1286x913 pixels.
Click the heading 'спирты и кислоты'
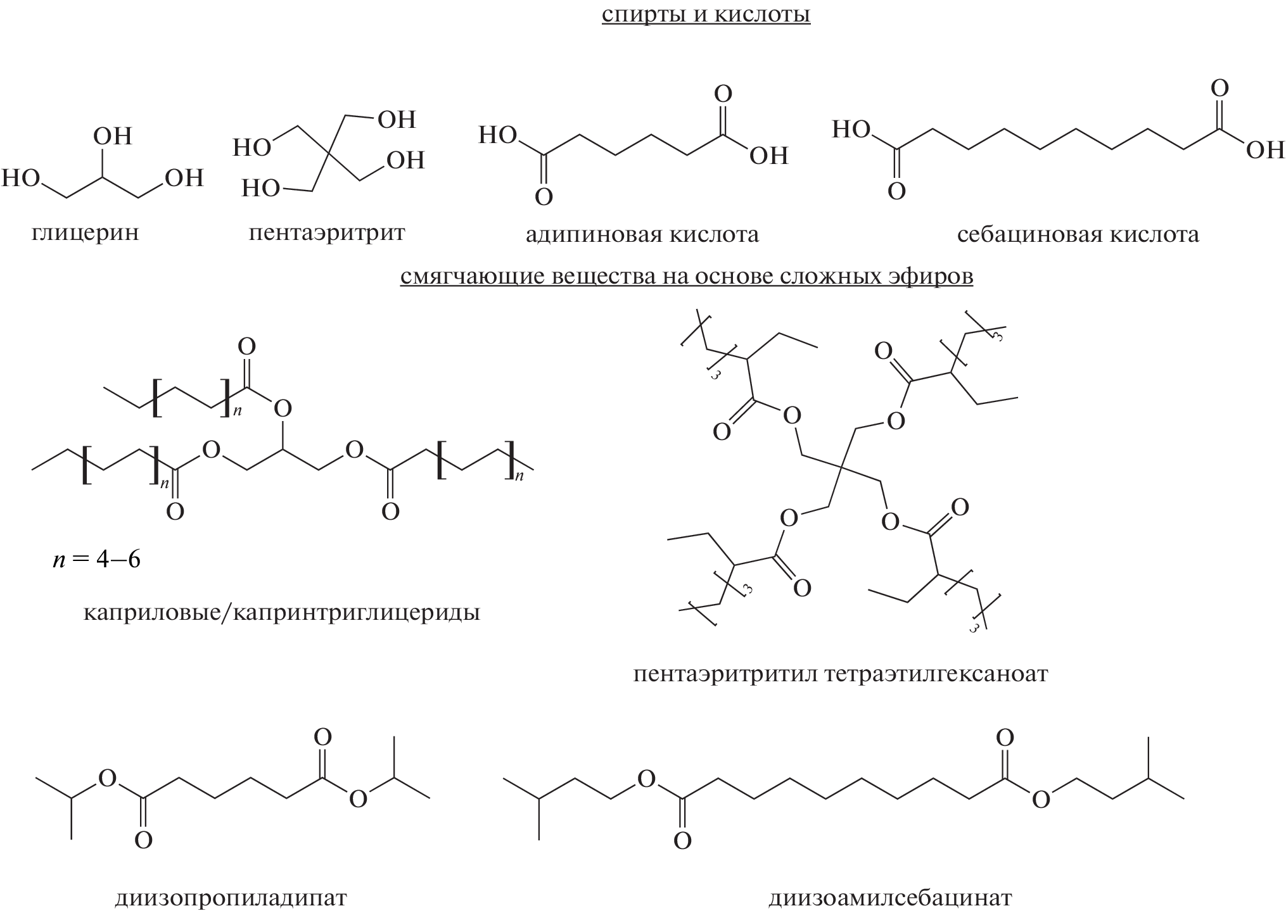706,15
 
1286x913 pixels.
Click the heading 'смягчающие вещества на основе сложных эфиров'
687,277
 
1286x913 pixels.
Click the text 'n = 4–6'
96,560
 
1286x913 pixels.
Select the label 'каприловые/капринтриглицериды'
282,613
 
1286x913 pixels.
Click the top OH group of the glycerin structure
113,136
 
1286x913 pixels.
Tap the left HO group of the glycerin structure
21,179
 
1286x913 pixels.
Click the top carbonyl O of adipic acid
723,94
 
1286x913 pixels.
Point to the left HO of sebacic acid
851,130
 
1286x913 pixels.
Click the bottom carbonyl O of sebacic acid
896,191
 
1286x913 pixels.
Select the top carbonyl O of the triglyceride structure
246,346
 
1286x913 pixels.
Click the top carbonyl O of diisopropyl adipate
322,738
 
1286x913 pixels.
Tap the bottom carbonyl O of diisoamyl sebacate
682,841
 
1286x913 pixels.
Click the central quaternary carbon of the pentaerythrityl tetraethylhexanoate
841,468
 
